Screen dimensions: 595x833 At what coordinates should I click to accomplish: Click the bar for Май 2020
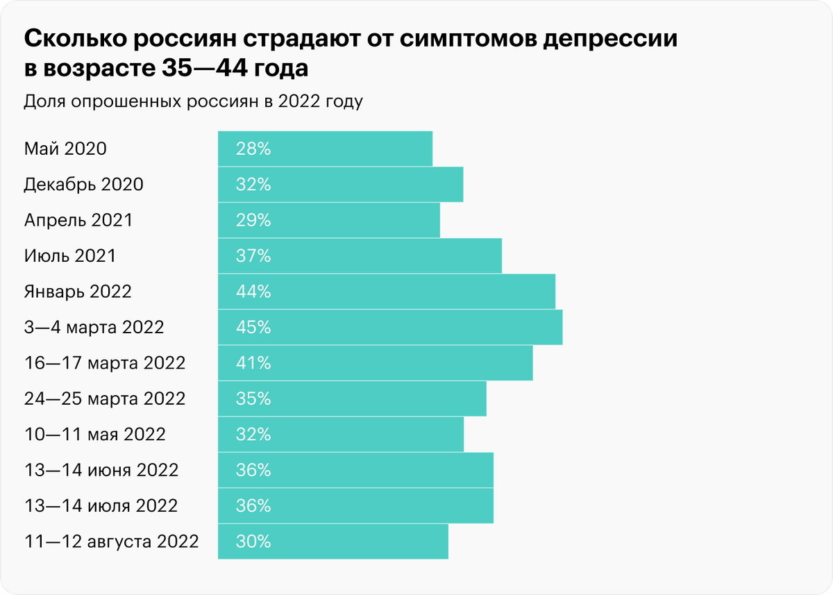(x=325, y=149)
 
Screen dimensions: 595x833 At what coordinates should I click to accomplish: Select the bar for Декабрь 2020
(x=340, y=185)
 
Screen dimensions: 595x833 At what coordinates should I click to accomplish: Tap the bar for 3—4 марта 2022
(x=390, y=327)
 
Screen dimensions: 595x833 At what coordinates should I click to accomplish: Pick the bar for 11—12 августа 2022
(x=333, y=541)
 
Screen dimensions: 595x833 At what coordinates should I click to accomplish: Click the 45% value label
(x=253, y=327)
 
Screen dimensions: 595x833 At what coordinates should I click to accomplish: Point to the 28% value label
(x=253, y=149)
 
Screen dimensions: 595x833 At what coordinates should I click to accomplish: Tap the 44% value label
(x=253, y=292)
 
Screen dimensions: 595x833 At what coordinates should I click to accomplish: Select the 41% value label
(x=253, y=363)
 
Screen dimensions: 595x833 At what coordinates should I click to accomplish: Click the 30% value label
(x=253, y=541)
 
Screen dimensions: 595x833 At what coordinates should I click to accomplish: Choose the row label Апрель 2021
(x=78, y=221)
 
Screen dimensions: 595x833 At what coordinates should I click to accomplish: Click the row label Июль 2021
(x=69, y=256)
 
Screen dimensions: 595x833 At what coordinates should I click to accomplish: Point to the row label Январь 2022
(x=77, y=292)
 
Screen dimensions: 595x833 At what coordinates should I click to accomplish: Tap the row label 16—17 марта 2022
(x=104, y=363)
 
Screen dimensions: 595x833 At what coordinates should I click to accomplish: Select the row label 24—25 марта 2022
(x=104, y=399)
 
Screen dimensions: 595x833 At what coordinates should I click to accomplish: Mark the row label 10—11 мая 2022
(x=94, y=435)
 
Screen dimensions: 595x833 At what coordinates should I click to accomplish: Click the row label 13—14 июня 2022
(x=101, y=470)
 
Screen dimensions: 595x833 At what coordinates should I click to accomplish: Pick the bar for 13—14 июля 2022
(x=355, y=505)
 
